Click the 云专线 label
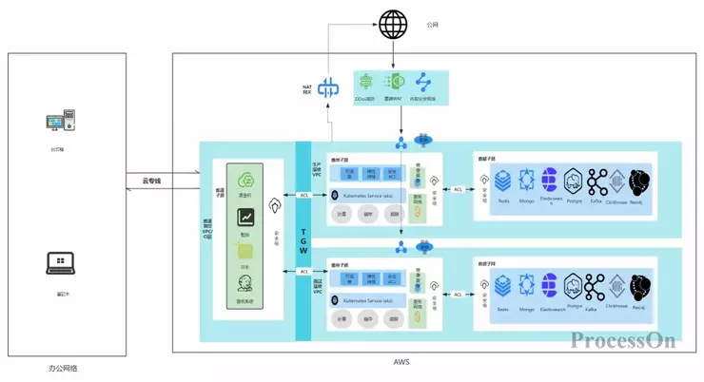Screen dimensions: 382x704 click(147, 181)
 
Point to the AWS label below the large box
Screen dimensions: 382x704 click(401, 363)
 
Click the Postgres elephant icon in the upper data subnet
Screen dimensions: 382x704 click(573, 181)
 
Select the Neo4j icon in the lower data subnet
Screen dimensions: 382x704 click(640, 285)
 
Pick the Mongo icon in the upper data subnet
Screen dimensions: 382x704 click(526, 181)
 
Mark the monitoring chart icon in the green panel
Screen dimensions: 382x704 click(245, 218)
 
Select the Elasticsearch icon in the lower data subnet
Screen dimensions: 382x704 click(550, 285)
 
